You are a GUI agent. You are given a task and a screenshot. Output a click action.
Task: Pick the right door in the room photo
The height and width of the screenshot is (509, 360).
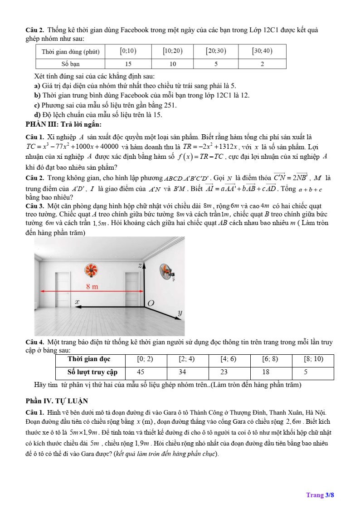[x=132, y=287]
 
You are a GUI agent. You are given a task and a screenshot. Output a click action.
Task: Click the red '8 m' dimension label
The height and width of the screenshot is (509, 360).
[x=92, y=286]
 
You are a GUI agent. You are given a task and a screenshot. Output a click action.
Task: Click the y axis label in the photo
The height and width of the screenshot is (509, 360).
[x=180, y=313]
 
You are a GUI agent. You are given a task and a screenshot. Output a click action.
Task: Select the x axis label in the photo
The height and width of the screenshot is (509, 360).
[x=77, y=301]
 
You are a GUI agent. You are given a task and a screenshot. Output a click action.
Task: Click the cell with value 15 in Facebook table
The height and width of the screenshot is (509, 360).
[x=129, y=64]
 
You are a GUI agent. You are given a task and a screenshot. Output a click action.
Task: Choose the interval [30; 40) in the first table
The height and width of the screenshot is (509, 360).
[x=262, y=51]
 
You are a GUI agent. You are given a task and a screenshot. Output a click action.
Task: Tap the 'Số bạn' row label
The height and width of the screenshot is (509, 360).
[x=71, y=64]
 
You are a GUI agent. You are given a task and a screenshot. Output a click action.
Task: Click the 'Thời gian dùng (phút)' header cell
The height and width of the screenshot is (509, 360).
[x=71, y=51]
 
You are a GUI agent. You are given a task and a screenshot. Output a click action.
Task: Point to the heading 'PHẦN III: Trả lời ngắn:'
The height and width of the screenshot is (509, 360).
[x=63, y=124]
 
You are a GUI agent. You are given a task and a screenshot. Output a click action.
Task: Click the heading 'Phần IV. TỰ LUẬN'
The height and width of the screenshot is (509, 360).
[x=57, y=401]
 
